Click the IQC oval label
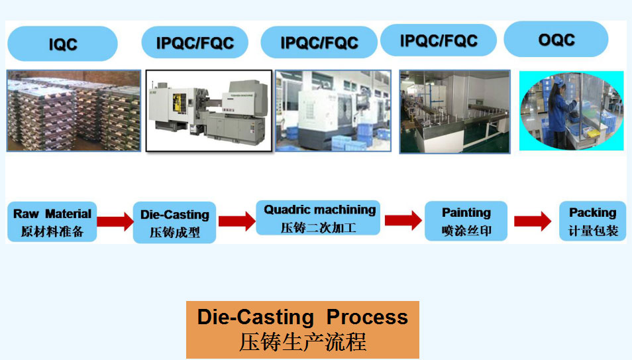click(x=62, y=44)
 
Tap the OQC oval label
click(x=556, y=39)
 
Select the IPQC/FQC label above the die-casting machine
click(x=195, y=42)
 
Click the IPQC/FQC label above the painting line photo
click(x=439, y=40)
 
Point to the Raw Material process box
click(x=52, y=222)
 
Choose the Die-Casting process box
click(x=174, y=222)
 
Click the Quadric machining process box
click(x=318, y=218)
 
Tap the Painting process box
click(x=466, y=221)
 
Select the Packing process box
click(x=592, y=221)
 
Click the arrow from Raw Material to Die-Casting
click(x=115, y=221)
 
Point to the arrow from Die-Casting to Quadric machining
click(x=237, y=221)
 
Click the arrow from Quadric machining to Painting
click(x=403, y=220)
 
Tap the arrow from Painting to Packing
click(x=533, y=221)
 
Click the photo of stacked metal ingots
click(x=74, y=111)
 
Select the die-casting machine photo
click(x=209, y=111)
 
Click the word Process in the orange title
click(x=367, y=317)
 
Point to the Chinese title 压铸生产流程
click(x=302, y=342)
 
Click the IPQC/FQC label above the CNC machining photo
click(x=319, y=42)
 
